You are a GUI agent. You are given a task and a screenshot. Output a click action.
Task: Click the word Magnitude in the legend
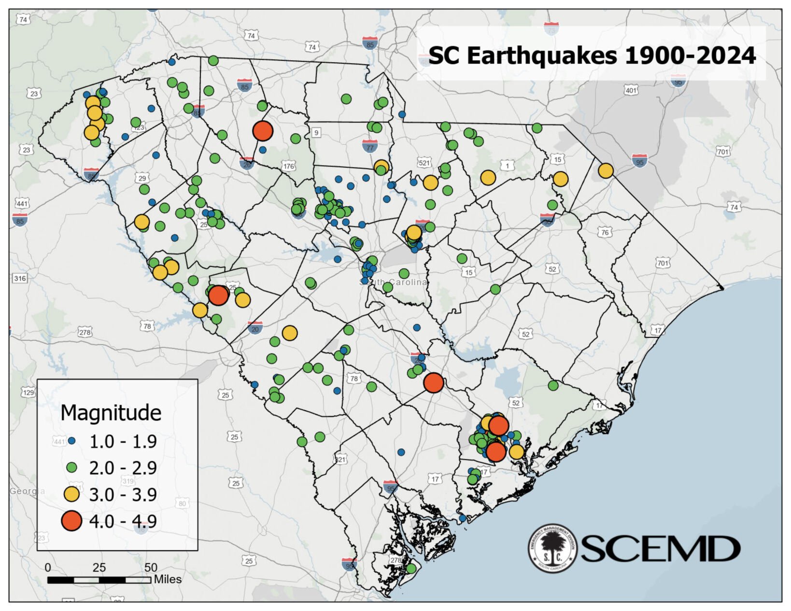[111, 413]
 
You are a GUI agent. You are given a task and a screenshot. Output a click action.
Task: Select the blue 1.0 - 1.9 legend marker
[72, 441]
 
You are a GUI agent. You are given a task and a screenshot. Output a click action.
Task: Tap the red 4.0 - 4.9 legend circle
[71, 521]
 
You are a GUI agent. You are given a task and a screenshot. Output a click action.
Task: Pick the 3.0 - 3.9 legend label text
[123, 495]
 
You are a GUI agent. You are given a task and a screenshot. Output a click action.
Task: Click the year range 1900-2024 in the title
[690, 56]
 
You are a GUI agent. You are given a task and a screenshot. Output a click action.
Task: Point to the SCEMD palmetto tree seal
[552, 548]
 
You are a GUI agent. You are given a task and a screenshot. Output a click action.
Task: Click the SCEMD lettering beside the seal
[660, 549]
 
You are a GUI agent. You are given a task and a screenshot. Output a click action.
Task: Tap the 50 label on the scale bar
[151, 568]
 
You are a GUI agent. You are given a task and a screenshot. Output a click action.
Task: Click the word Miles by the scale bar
[168, 579]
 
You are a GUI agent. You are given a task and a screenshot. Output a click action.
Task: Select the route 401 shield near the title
[631, 90]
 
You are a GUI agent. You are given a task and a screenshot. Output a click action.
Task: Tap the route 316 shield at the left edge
[20, 278]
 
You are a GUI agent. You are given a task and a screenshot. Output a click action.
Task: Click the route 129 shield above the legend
[28, 392]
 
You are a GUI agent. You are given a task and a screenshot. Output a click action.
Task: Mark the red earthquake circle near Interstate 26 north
[263, 130]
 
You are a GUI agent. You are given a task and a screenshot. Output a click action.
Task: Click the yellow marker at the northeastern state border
[606, 170]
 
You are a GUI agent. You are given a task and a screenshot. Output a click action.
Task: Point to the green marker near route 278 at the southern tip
[411, 569]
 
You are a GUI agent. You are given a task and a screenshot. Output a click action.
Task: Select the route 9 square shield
[316, 132]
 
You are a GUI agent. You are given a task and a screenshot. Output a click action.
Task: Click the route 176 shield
[288, 167]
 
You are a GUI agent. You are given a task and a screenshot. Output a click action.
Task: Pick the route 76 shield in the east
[605, 233]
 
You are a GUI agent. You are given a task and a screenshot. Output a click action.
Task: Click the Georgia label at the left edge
[27, 491]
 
